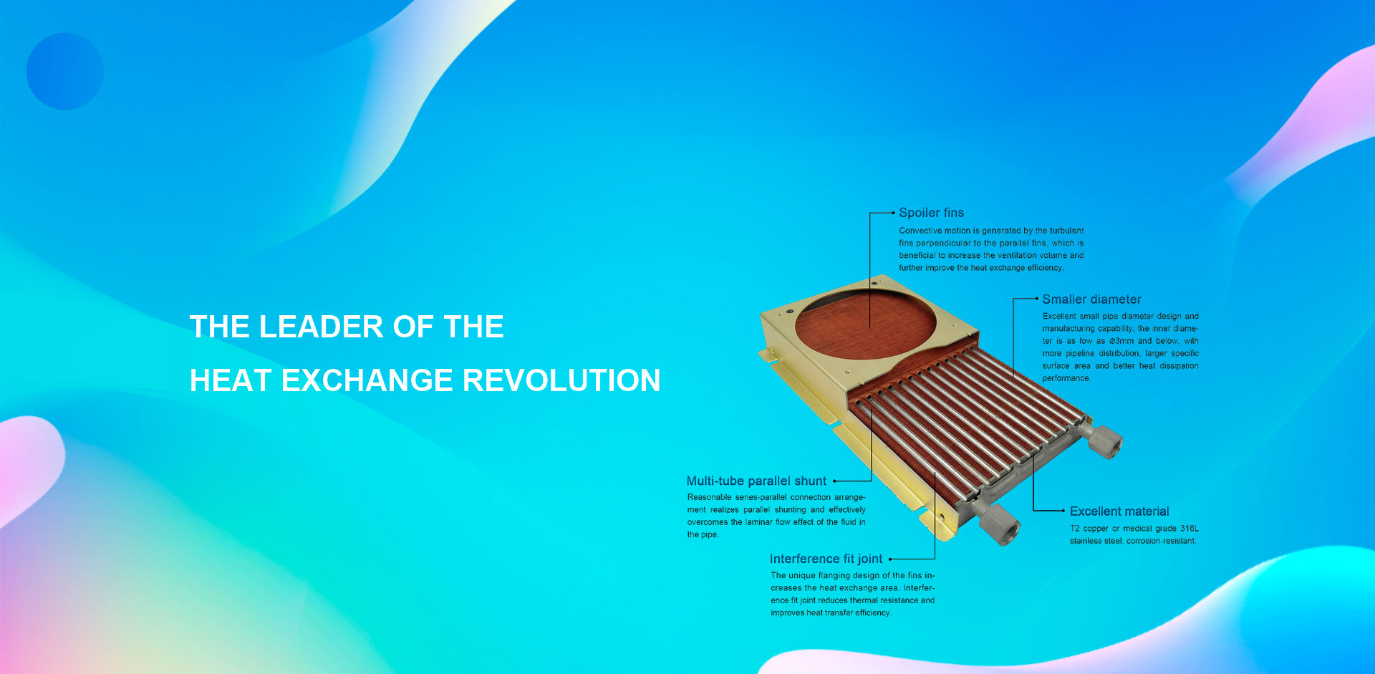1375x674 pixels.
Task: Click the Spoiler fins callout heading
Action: [x=931, y=213]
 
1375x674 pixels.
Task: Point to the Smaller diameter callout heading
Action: [x=1091, y=299]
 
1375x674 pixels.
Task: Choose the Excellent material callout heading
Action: [x=1119, y=511]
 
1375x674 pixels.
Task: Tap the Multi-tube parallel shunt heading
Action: [x=756, y=481]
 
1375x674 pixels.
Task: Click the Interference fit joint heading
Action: [x=826, y=559]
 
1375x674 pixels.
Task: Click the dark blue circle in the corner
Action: [x=65, y=71]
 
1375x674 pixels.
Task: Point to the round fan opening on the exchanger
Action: [x=865, y=324]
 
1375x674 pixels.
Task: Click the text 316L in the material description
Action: [x=1190, y=529]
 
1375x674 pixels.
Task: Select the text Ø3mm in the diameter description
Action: [x=1121, y=341]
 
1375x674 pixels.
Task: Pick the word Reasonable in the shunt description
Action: [x=709, y=497]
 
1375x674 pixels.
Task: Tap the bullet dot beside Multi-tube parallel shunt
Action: [x=835, y=481]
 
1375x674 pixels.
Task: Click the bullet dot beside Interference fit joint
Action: [x=890, y=559]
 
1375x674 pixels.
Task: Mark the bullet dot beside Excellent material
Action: [x=1063, y=511]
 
